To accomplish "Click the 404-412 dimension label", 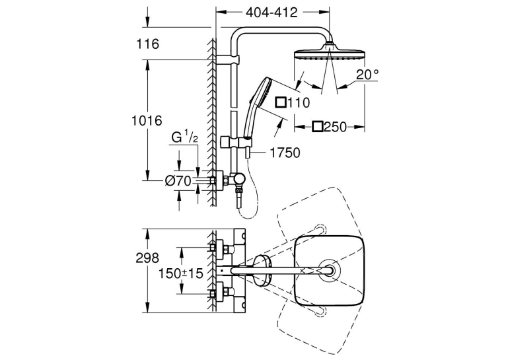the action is coord(271,13).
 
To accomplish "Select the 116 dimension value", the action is coord(147,44).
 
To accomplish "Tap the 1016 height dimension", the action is coord(146,121).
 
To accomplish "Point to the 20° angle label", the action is coord(367,75).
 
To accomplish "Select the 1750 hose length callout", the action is coord(285,153).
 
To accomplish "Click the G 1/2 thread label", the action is coord(184,138).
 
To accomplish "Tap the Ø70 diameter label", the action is coord(178,181).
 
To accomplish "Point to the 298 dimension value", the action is coord(147,258).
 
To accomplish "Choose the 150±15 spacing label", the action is coord(181,273).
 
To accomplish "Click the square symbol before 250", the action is coord(318,127).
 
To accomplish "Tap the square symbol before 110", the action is coord(281,102).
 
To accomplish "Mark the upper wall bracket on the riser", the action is coord(228,59).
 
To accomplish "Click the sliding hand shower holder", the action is coord(236,142).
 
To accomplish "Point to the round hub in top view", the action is coord(328,270).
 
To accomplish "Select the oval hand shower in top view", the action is coord(262,270).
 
